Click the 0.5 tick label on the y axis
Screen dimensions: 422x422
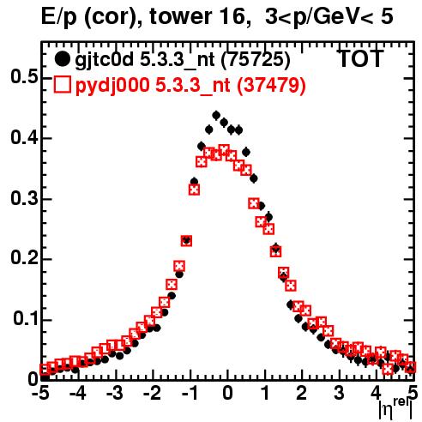(x=24, y=77)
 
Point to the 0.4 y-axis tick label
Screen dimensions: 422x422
(x=24, y=138)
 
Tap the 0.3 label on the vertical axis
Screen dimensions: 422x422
(x=24, y=198)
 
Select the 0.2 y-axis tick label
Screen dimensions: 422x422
(x=24, y=258)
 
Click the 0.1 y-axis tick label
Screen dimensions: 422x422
(x=26, y=319)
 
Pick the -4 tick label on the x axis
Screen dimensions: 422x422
(x=78, y=394)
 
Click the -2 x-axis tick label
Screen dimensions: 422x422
(x=153, y=394)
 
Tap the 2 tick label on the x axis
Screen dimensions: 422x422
(x=301, y=394)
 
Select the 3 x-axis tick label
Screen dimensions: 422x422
(x=339, y=394)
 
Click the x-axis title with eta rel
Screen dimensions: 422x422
(x=395, y=408)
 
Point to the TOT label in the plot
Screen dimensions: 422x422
(x=361, y=58)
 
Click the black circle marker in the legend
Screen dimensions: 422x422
(x=62, y=59)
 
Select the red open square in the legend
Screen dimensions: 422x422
(x=62, y=84)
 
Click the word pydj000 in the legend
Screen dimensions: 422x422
(x=112, y=86)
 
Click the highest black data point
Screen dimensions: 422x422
(x=216, y=116)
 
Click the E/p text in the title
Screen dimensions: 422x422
(x=59, y=18)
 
